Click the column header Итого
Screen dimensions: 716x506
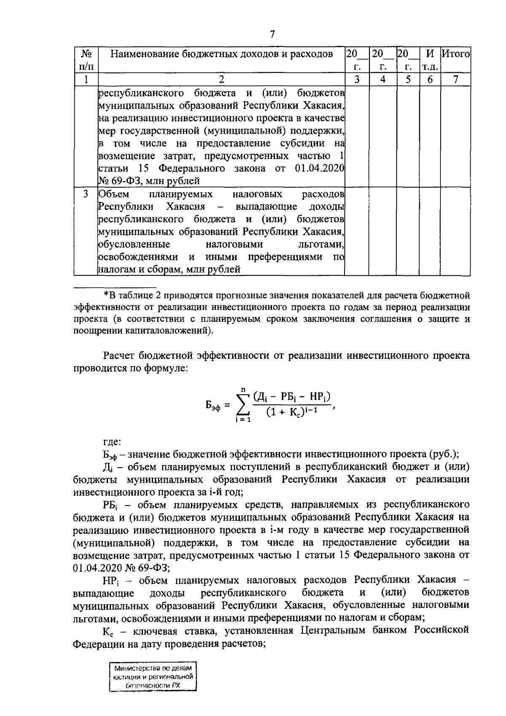click(x=455, y=54)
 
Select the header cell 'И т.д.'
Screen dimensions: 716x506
click(x=430, y=60)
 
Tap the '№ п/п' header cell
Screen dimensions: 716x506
click(x=86, y=60)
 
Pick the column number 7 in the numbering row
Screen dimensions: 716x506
click(x=455, y=79)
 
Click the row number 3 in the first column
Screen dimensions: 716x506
click(x=86, y=194)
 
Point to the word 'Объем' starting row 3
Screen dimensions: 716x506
click(x=114, y=194)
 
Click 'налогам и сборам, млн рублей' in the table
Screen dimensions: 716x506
click(x=169, y=269)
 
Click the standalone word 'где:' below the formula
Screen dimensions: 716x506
click(x=112, y=442)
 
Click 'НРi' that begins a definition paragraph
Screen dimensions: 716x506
click(x=110, y=580)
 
